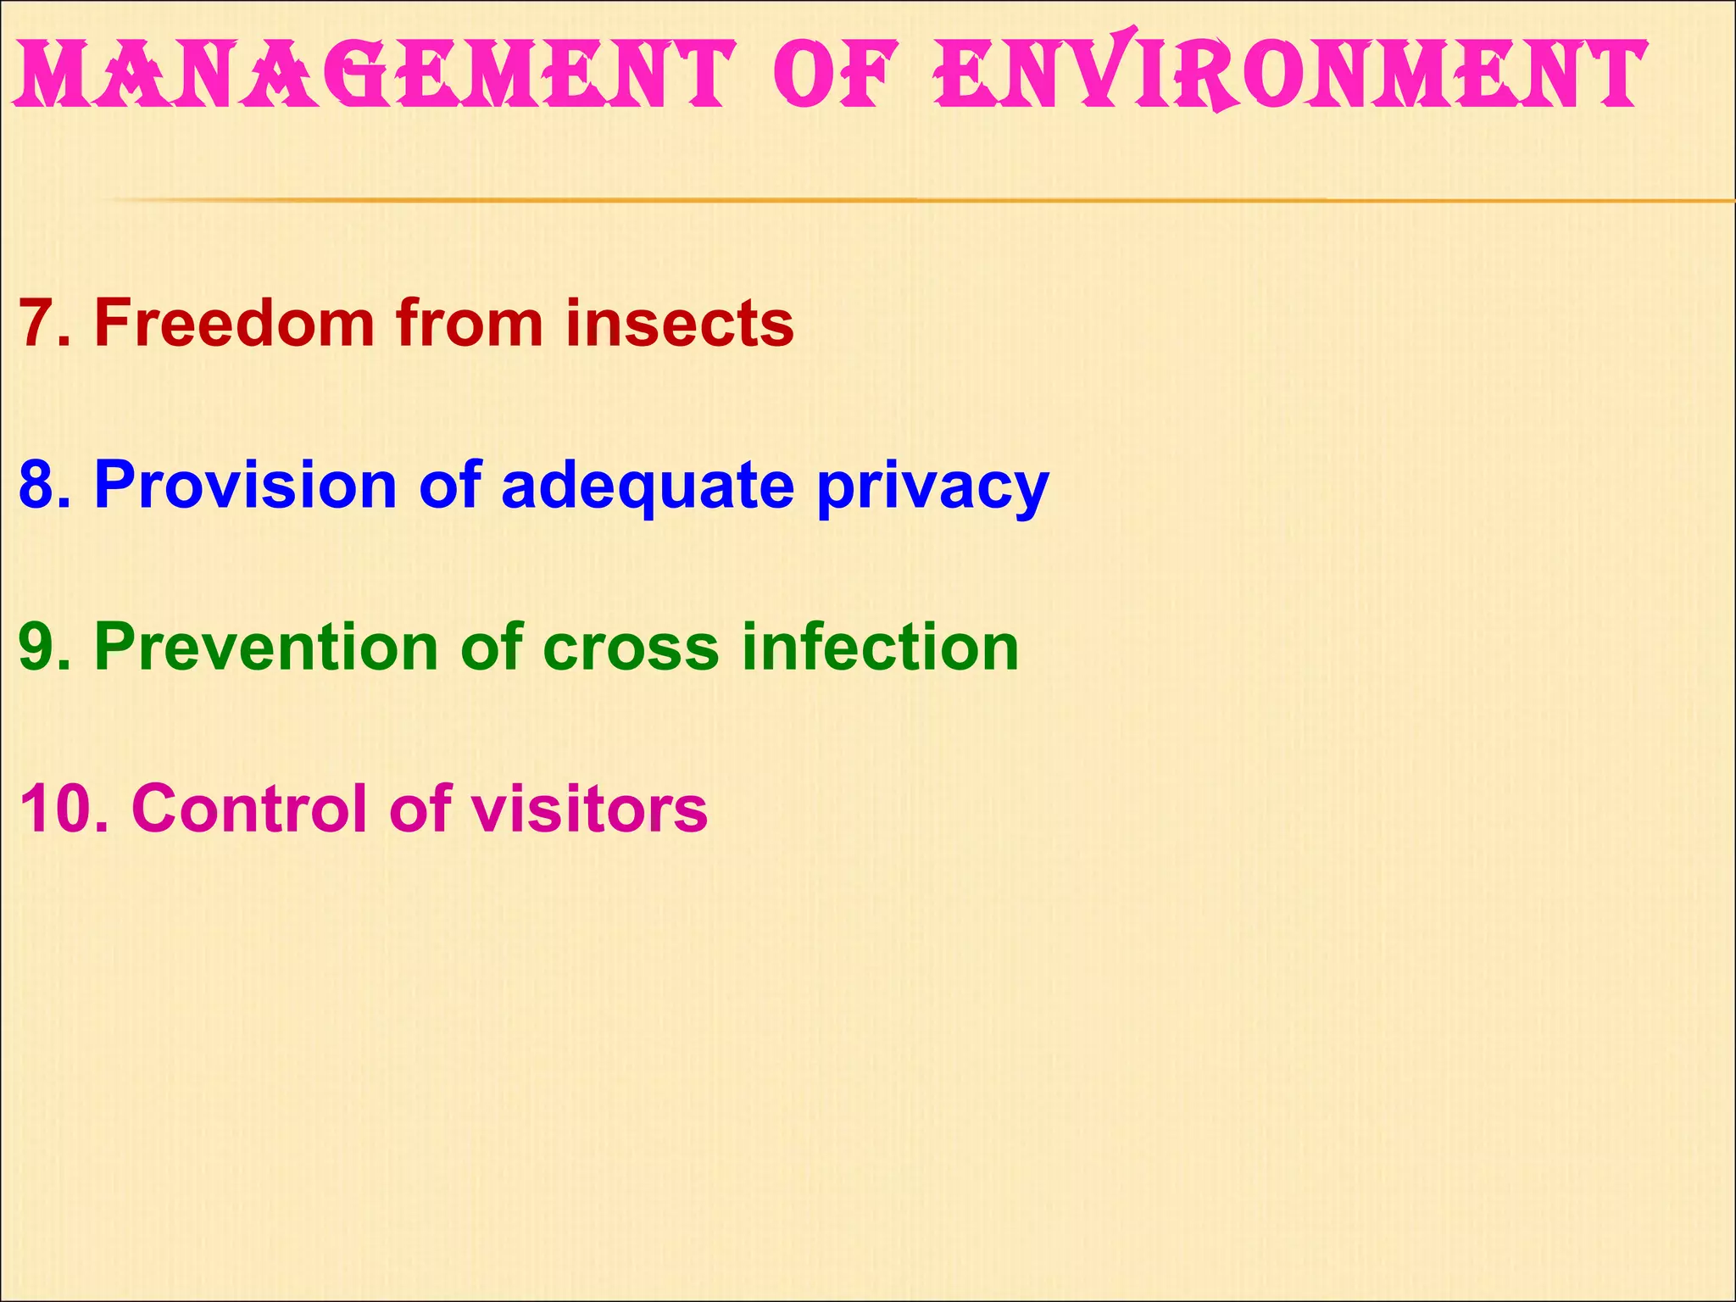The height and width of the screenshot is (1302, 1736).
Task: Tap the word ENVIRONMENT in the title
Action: click(1288, 75)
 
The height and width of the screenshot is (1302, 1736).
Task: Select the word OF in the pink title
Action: click(835, 75)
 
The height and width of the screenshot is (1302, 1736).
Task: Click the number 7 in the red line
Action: click(38, 323)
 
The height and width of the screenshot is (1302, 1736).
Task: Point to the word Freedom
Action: click(234, 323)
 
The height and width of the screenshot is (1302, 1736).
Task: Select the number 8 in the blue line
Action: click(38, 485)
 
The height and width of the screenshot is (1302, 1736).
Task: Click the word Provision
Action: click(246, 485)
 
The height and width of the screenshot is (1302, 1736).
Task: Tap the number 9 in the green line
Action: click(38, 647)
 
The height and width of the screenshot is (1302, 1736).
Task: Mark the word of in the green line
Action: click(492, 647)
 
